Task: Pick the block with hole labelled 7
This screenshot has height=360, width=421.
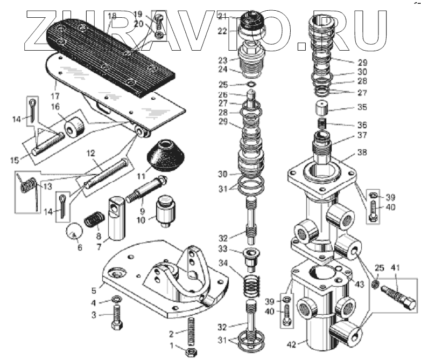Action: pyautogui.click(x=117, y=221)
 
